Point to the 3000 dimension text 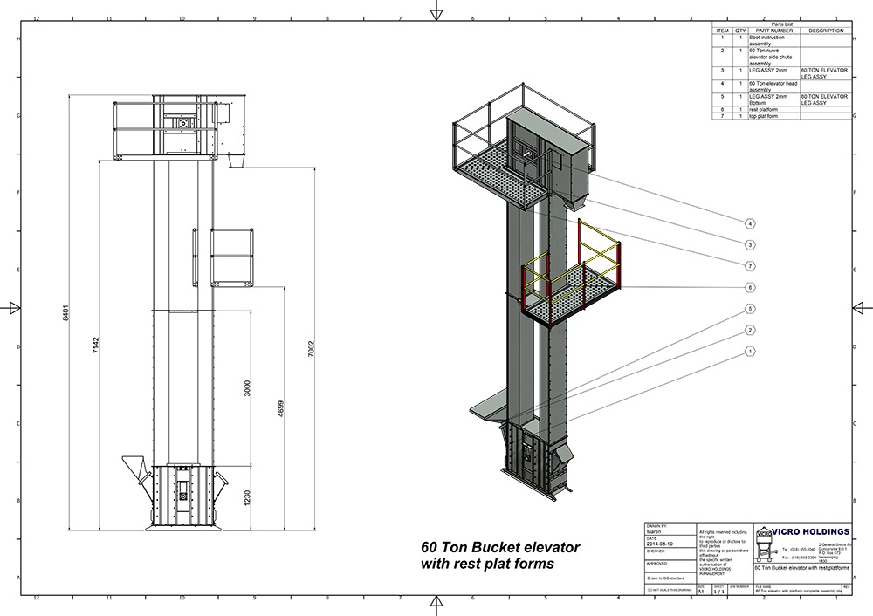249,390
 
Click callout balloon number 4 750,222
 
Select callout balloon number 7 750,265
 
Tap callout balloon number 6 750,287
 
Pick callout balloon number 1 750,352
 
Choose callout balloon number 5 750,309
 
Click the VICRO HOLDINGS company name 812,531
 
